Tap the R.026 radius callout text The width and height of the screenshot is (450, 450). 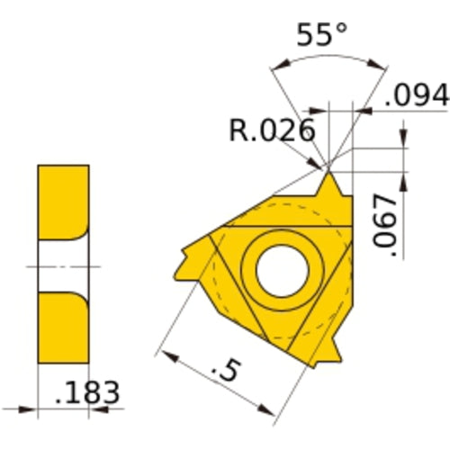[272, 130]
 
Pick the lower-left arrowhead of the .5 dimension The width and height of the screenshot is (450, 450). [162, 350]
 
